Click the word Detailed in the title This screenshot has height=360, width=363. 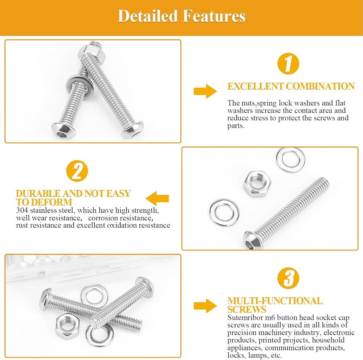147,16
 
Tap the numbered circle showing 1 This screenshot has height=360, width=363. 288,64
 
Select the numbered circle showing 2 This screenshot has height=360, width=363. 77,171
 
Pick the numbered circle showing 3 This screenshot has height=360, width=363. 288,278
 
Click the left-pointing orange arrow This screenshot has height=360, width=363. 157,199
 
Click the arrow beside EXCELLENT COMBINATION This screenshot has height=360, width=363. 205,91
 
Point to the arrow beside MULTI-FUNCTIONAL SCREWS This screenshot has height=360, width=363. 205,306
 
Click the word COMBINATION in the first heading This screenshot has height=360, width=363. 320,86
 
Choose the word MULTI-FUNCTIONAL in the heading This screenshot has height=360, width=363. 275,301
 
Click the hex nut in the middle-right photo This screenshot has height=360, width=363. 257,183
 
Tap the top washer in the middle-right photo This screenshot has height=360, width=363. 290,160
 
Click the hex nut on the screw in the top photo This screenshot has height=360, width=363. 92,54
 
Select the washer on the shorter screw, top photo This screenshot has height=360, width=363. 79,87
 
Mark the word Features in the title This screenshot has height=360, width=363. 214,16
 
